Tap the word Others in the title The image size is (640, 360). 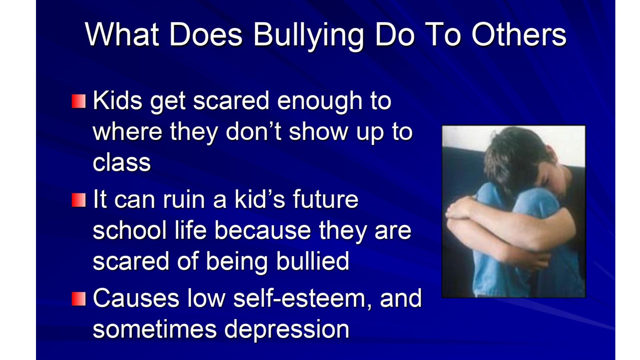[519, 35]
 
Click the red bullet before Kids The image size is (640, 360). [79, 101]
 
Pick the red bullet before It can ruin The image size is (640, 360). [79, 200]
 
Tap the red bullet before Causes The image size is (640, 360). [79, 299]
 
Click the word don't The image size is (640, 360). [253, 131]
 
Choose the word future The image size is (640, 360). [326, 199]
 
